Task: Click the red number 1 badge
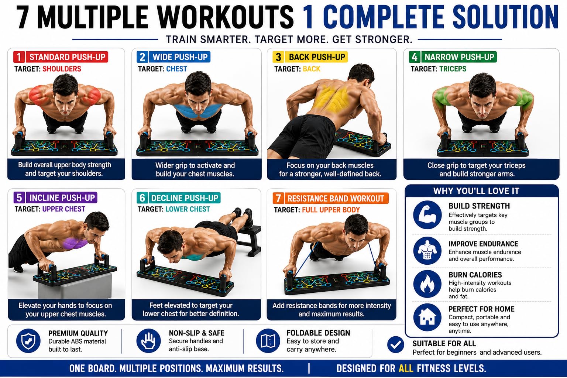[19, 57]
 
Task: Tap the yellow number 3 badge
[278, 57]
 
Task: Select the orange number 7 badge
[278, 198]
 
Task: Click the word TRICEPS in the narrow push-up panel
[453, 69]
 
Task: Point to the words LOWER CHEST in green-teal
[188, 209]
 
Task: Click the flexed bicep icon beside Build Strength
[427, 215]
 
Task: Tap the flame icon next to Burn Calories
[427, 284]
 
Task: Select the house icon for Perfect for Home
[427, 317]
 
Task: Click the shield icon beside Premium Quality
[28, 341]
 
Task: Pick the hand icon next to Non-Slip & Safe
[149, 341]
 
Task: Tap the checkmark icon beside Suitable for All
[396, 344]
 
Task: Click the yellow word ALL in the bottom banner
[406, 368]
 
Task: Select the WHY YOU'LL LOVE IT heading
[476, 191]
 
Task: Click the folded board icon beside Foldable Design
[268, 341]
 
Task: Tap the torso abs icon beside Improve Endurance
[427, 251]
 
